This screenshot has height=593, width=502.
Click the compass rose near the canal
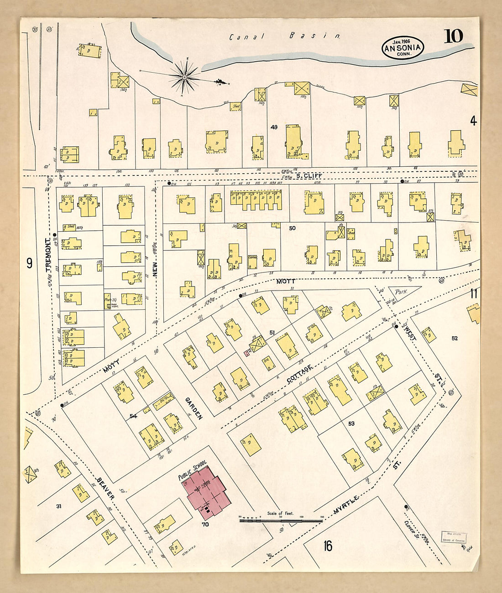coord(184,77)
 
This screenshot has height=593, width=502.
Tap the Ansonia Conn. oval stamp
coord(403,48)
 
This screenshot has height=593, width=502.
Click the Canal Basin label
coord(285,36)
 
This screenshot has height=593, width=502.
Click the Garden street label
coord(193,408)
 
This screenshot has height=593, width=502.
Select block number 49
coord(274,127)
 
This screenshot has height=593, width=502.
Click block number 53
coord(351,424)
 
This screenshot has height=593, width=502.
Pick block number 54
coord(133,416)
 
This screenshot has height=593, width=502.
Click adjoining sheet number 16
coord(327,545)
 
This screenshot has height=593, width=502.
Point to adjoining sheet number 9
coord(29,263)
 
